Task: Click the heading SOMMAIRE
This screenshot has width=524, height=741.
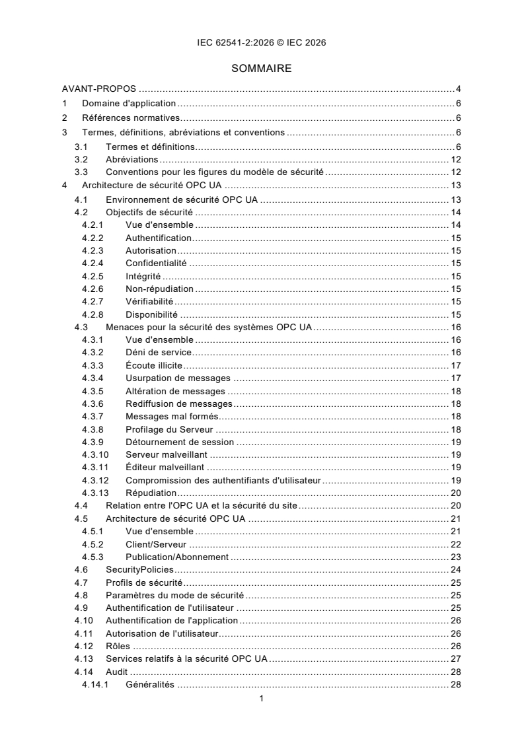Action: (x=262, y=67)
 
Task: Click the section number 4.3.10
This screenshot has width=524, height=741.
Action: (x=95, y=454)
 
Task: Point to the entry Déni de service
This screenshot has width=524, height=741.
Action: (x=159, y=352)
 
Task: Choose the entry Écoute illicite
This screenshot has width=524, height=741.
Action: (x=154, y=365)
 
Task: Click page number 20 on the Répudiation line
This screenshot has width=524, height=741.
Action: (x=455, y=493)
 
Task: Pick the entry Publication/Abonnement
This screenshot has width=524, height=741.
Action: (x=177, y=557)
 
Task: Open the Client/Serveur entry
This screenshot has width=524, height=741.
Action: (x=155, y=544)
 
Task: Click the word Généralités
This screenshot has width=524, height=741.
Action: (x=150, y=684)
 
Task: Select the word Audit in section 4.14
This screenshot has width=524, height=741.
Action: (x=117, y=672)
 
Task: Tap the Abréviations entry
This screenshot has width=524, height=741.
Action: (x=131, y=159)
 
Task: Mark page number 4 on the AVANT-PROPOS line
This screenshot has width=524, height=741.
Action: (x=458, y=89)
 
